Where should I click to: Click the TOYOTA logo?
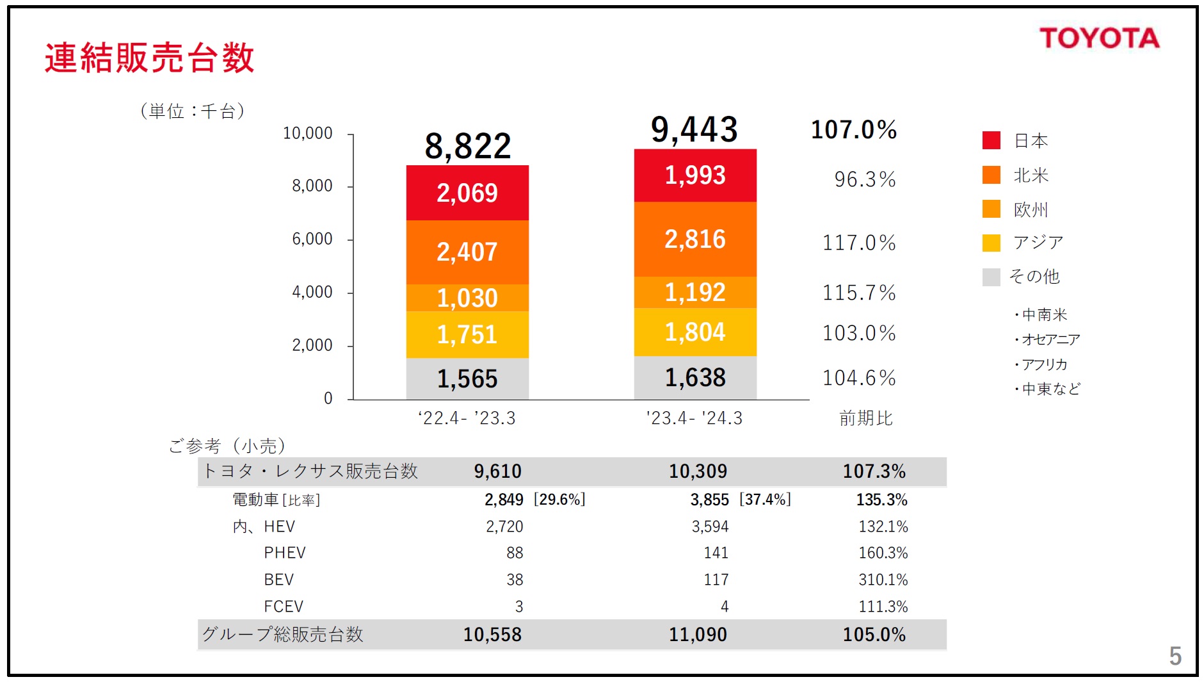click(1099, 38)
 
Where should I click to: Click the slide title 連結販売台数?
click(150, 58)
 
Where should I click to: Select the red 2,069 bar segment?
click(467, 193)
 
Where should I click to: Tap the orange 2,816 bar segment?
click(695, 239)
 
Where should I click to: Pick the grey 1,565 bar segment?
click(467, 379)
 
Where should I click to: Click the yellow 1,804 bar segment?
click(695, 332)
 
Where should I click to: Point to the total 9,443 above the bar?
click(694, 129)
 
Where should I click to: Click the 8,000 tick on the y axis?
click(312, 186)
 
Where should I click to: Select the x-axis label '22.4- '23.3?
click(467, 418)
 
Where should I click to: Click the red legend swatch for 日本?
click(991, 140)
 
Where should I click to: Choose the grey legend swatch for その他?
click(991, 277)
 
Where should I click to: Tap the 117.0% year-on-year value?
click(859, 243)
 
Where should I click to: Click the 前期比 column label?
click(865, 418)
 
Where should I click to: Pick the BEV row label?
click(278, 580)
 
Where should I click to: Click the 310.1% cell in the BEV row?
click(883, 580)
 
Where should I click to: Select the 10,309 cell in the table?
click(698, 471)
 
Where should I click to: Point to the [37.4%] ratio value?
click(765, 500)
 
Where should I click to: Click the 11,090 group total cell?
click(698, 635)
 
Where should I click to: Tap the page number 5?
click(1175, 656)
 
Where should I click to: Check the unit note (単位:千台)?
click(192, 111)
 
